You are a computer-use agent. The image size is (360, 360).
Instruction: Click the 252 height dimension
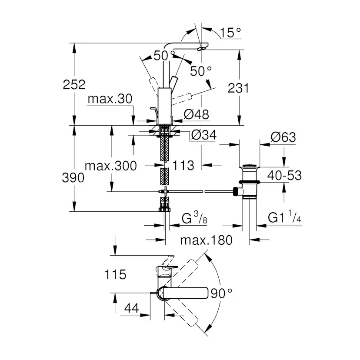(73, 84)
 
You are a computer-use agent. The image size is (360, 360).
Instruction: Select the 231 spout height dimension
(238, 88)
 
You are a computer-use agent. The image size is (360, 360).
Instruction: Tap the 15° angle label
(230, 32)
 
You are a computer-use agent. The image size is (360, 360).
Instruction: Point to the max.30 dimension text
(109, 99)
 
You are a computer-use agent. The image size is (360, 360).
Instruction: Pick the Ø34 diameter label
(203, 136)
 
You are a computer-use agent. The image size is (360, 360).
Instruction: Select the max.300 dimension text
(110, 166)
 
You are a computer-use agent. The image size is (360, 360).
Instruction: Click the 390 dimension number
(73, 178)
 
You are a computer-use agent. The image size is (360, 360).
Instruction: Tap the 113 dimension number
(183, 165)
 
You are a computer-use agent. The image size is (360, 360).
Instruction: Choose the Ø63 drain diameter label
(283, 137)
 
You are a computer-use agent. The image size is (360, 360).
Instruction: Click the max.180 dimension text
(207, 240)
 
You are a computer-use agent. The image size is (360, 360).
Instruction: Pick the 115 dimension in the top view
(115, 275)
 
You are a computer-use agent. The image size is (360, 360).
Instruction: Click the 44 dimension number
(131, 309)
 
